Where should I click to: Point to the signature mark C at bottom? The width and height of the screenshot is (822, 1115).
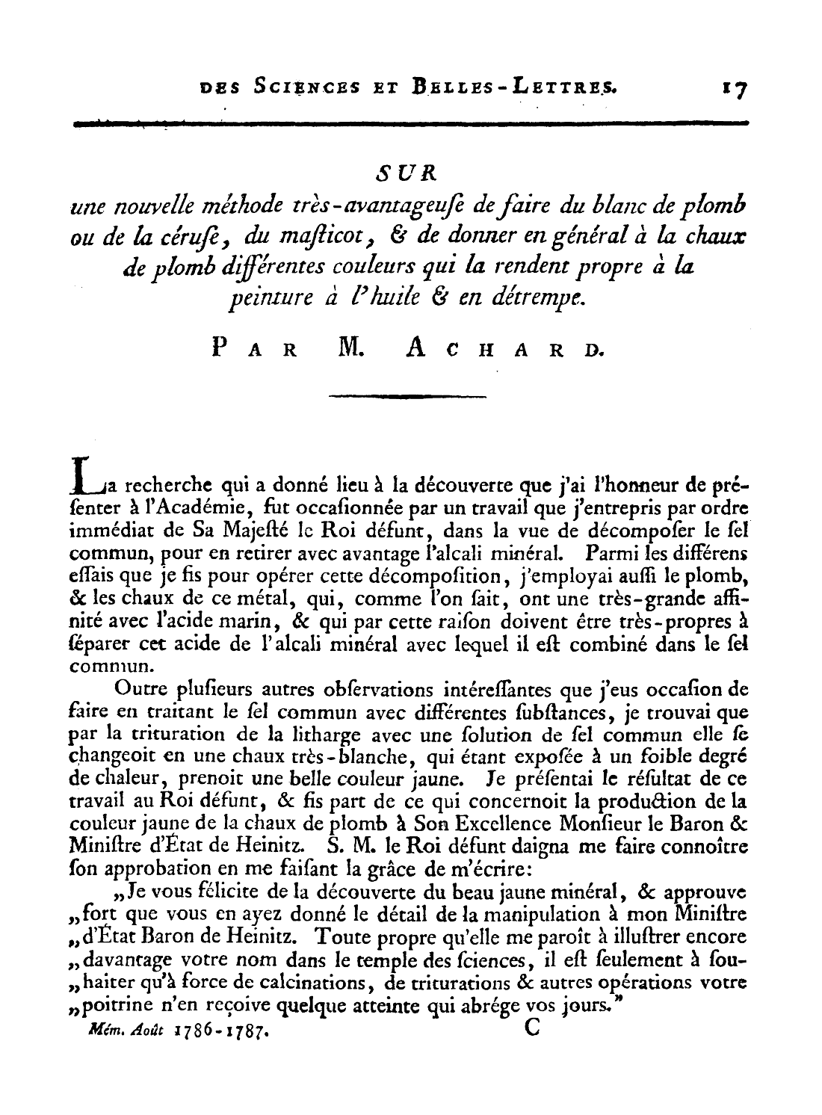click(x=532, y=1028)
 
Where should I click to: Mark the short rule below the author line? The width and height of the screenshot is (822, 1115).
click(x=407, y=395)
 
